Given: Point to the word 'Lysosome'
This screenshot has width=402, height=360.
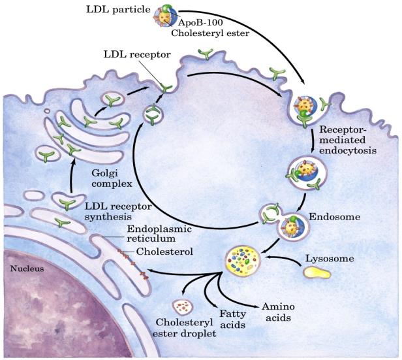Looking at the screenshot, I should click(328, 259).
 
